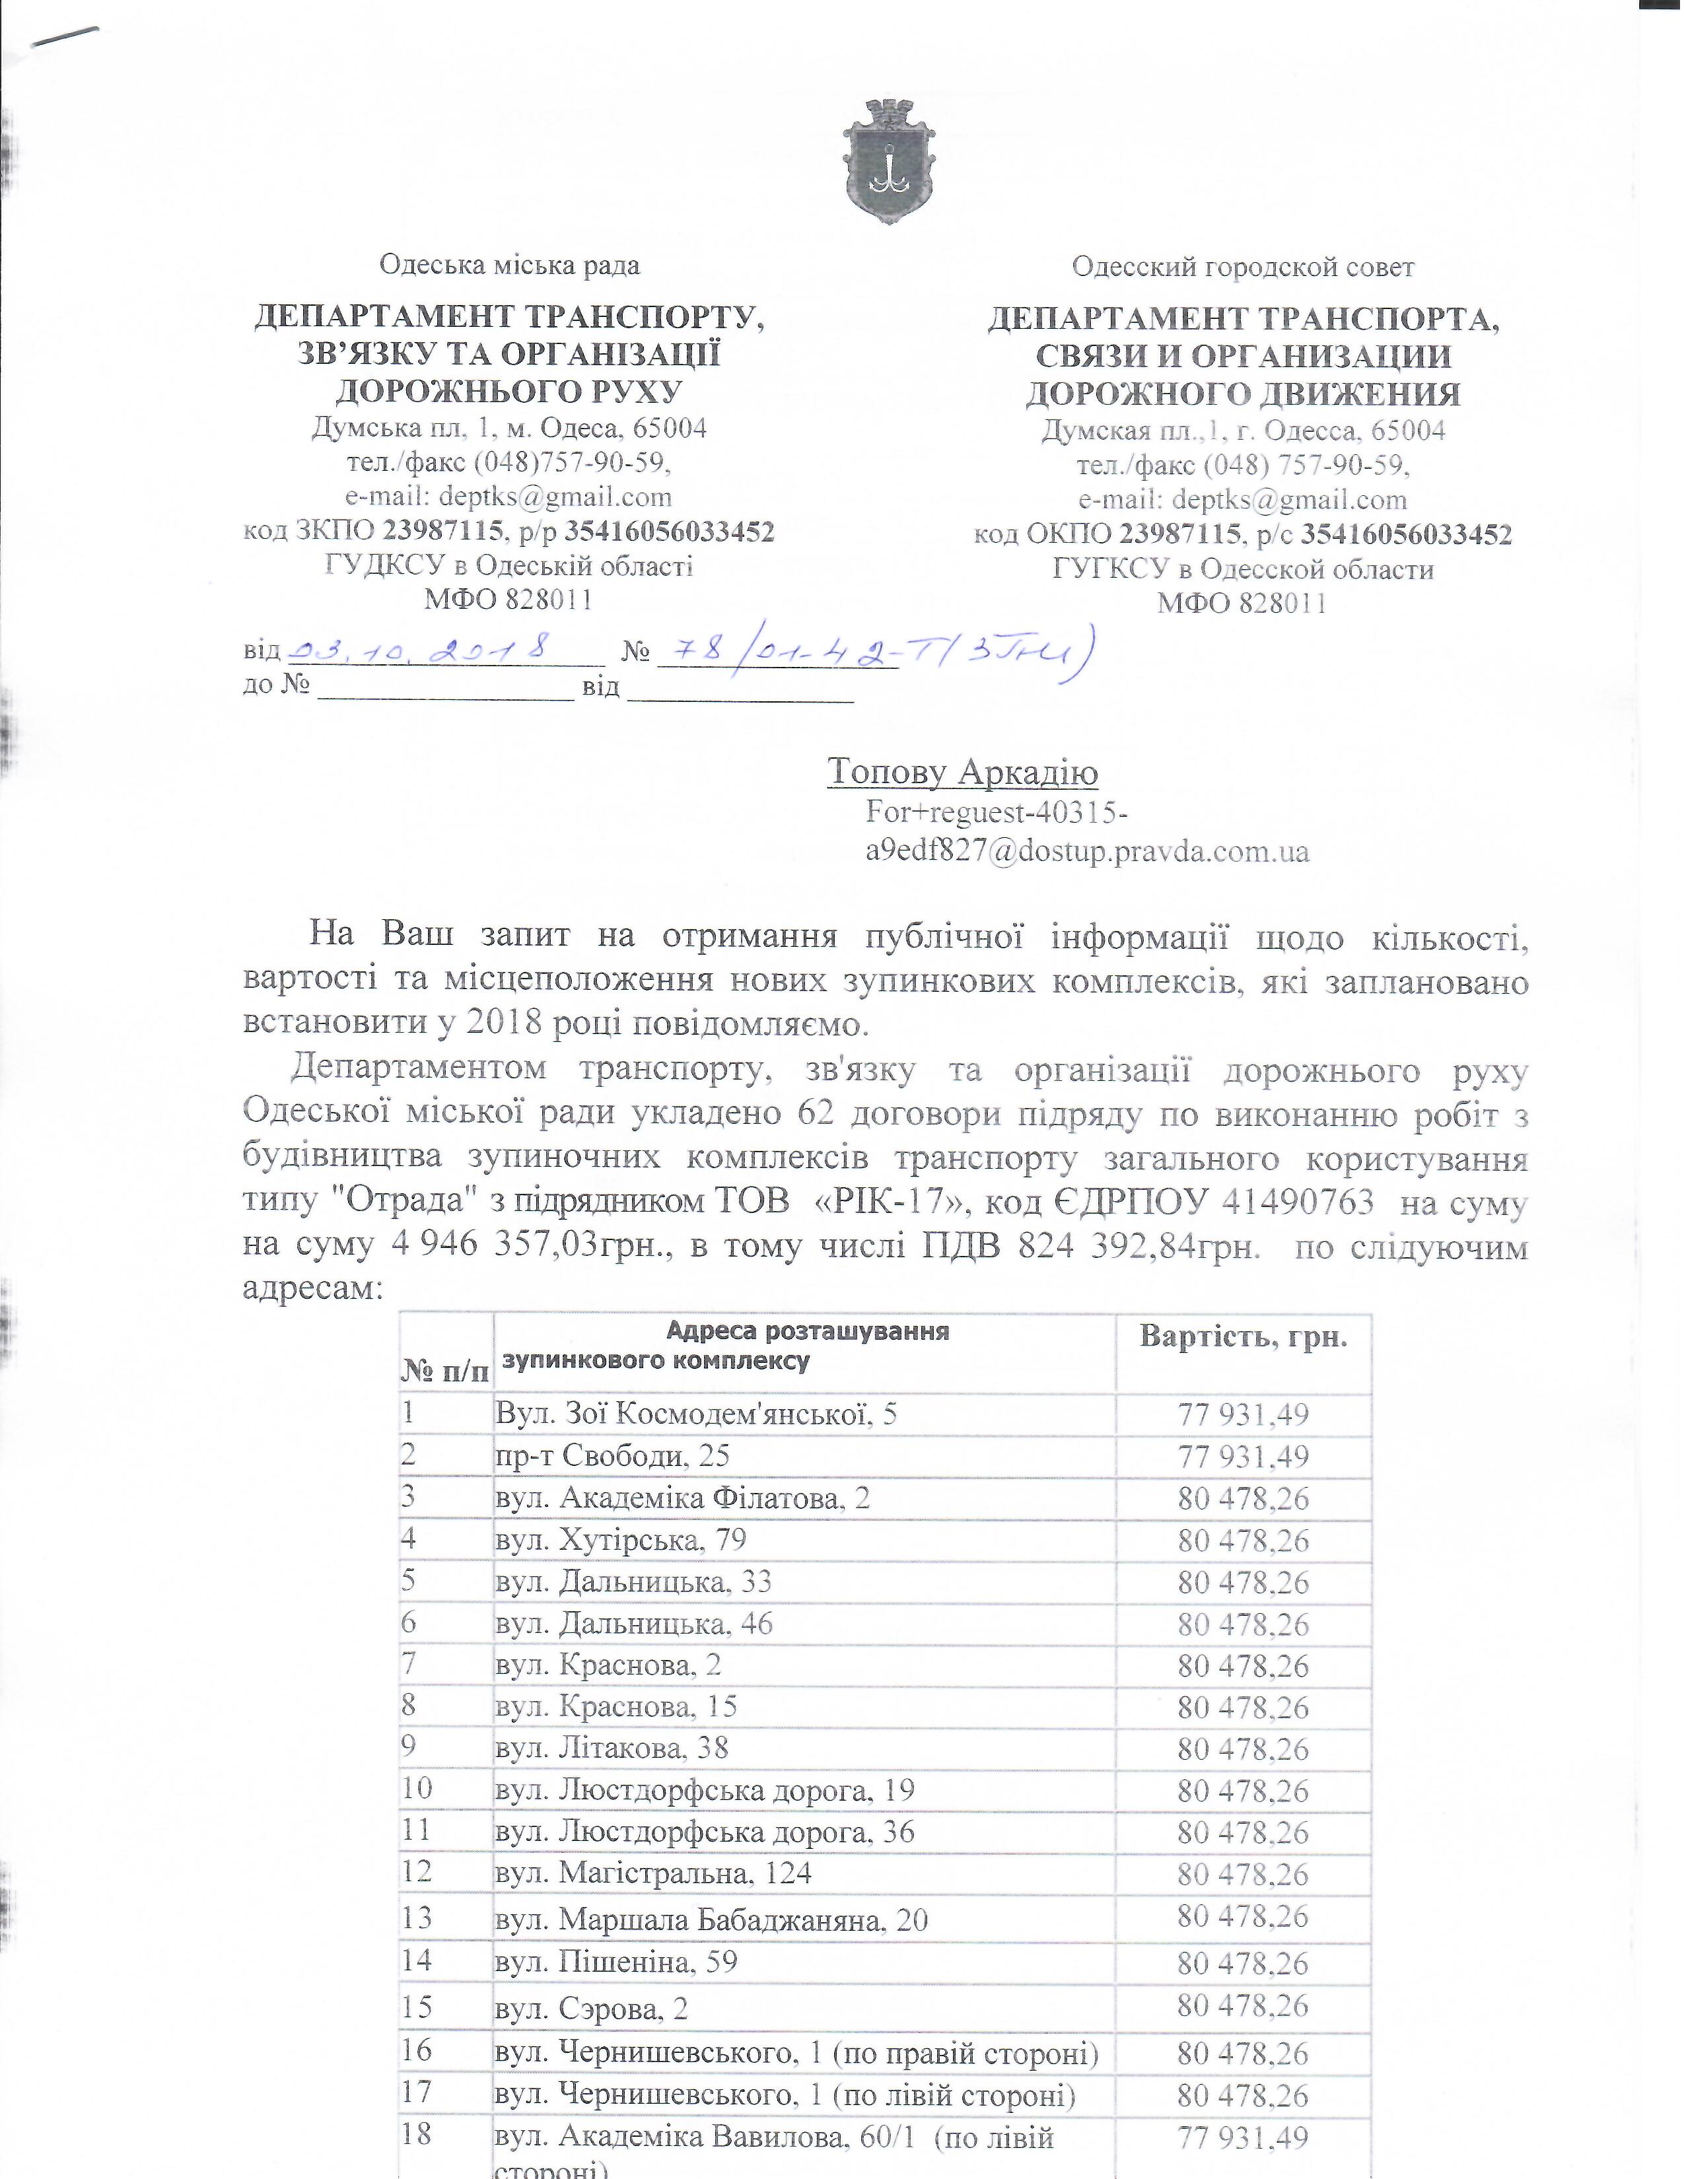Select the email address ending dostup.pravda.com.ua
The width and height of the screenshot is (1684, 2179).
pyautogui.click(x=1088, y=851)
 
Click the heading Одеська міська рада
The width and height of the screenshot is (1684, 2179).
pyautogui.click(x=510, y=265)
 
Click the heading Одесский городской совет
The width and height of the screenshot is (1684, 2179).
pyautogui.click(x=1242, y=267)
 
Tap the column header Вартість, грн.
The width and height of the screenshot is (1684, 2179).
pyautogui.click(x=1243, y=1337)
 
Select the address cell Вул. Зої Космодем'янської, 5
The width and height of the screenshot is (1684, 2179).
pyautogui.click(x=696, y=1414)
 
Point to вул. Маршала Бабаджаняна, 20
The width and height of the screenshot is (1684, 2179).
pyautogui.click(x=711, y=1919)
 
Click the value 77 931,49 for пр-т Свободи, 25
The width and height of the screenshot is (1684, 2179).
pyautogui.click(x=1243, y=1457)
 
